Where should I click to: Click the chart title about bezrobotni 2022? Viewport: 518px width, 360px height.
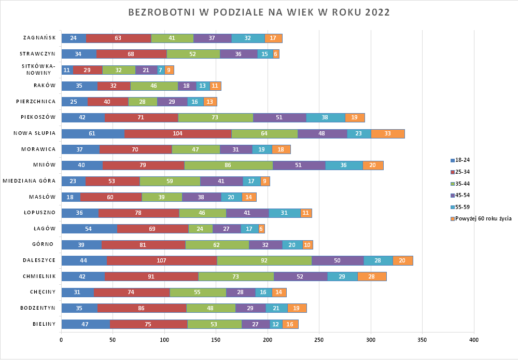[259, 12]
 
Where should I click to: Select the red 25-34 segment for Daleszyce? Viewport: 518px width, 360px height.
[162, 260]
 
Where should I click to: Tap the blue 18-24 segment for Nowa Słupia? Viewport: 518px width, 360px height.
[93, 133]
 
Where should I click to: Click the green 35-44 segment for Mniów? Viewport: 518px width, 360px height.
[229, 165]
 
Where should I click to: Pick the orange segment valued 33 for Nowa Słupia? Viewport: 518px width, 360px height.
[388, 133]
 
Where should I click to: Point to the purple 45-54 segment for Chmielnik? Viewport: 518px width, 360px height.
[300, 276]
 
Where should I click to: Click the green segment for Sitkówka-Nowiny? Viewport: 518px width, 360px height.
[119, 70]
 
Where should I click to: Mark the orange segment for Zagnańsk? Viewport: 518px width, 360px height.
[273, 38]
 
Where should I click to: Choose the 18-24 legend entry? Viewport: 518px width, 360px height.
[463, 160]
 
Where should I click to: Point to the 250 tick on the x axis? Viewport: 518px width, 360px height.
[319, 340]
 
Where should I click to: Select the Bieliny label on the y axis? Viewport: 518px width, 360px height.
[45, 324]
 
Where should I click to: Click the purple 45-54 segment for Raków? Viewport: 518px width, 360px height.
[186, 86]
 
